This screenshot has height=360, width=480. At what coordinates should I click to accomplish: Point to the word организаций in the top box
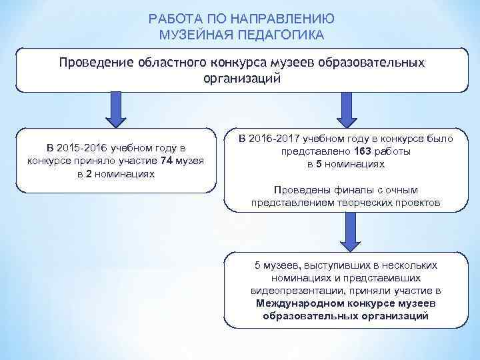(242, 78)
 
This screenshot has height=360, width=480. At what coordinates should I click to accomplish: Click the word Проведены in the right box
(299, 189)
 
